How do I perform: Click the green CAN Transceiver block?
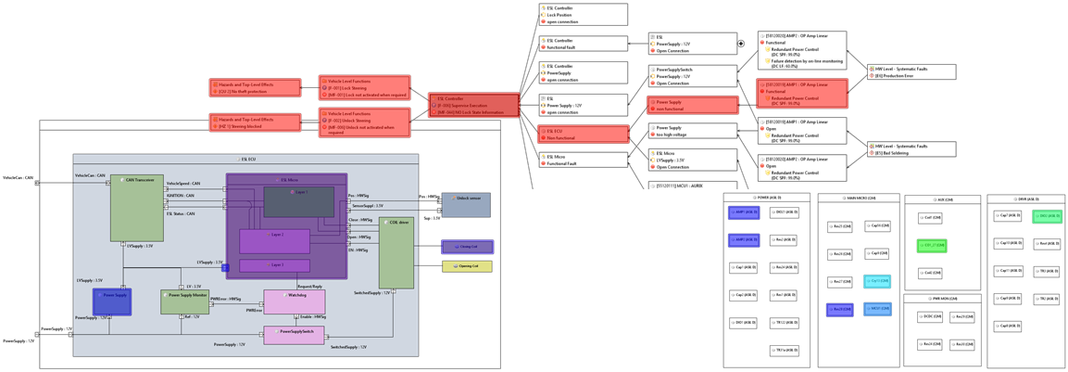click(x=136, y=209)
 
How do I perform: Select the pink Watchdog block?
click(x=294, y=301)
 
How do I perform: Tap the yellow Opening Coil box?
click(x=467, y=266)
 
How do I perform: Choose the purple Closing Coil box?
click(x=467, y=247)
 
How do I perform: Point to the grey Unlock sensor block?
click(x=466, y=205)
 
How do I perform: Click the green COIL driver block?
click(x=396, y=253)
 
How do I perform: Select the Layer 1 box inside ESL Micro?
click(x=298, y=201)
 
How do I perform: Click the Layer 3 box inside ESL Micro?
click(x=274, y=265)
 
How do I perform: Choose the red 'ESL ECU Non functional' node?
click(x=584, y=135)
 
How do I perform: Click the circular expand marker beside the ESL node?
click(x=741, y=44)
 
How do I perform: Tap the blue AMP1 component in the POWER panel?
click(x=743, y=212)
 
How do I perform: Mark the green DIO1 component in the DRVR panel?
click(x=1047, y=216)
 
